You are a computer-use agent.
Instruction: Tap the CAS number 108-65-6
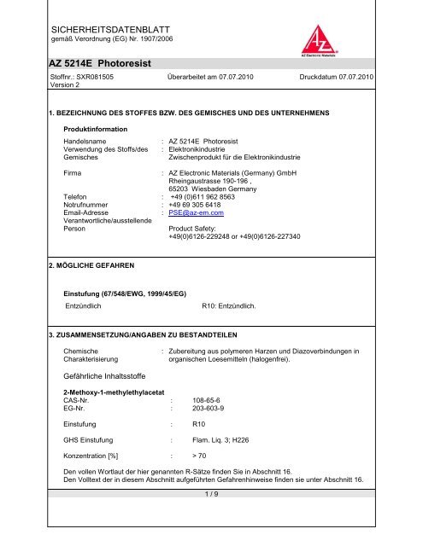[x=209, y=398]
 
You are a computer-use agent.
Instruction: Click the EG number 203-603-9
[x=210, y=407]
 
